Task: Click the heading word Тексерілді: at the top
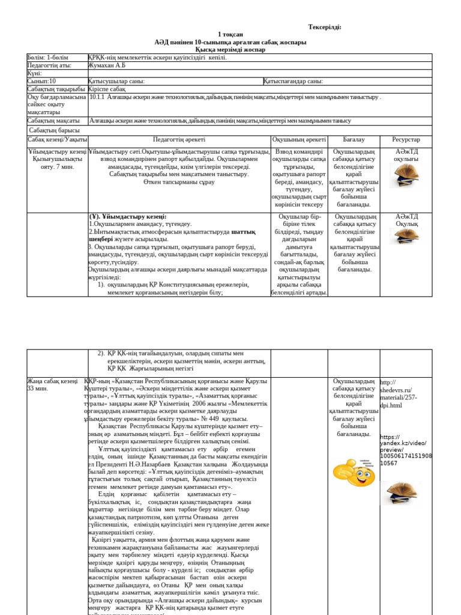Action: pyautogui.click(x=325, y=27)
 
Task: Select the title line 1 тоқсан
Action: pyautogui.click(x=230, y=35)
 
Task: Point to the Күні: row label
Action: pyautogui.click(x=35, y=73)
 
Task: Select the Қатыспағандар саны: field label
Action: pyautogui.click(x=293, y=81)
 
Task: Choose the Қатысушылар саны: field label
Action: pyautogui.click(x=116, y=81)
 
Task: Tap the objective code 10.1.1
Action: pyautogui.click(x=97, y=97)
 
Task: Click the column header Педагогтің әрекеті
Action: pyautogui.click(x=179, y=139)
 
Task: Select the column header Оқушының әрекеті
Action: pyautogui.click(x=299, y=139)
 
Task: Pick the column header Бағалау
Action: pyautogui.click(x=354, y=139)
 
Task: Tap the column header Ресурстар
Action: pyautogui.click(x=406, y=139)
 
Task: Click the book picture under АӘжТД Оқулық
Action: pyautogui.click(x=406, y=236)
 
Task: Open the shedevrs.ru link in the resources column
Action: pyautogui.click(x=396, y=394)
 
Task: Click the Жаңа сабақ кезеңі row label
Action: pyautogui.click(x=52, y=381)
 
